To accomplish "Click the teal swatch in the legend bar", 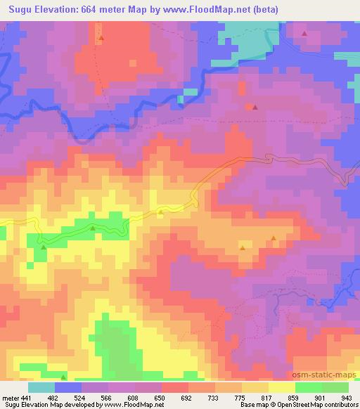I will tap(41, 387).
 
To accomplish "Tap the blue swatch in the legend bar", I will tap(68, 387).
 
